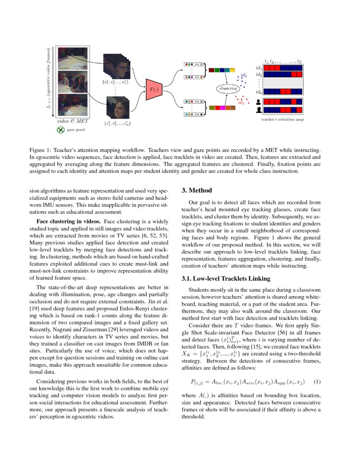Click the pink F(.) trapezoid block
coord(152,89)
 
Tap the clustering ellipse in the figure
coord(227,89)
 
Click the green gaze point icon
coord(61,130)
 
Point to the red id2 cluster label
coord(241,103)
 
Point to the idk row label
coord(258,92)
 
